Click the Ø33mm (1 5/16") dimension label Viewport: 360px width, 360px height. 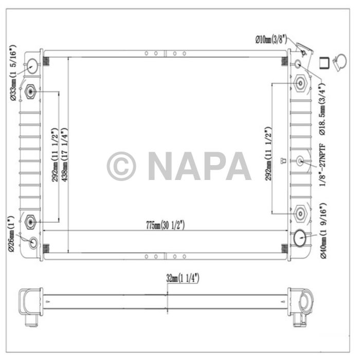coord(13,73)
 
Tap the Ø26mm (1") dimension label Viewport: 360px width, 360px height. coord(11,233)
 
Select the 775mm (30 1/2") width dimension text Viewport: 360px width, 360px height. coord(165,225)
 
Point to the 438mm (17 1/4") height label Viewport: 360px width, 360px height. coord(65,154)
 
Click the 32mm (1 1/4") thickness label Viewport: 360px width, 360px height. coord(183,278)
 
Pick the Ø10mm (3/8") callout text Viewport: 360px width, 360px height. coord(271,40)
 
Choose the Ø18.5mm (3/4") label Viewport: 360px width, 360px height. coord(322,109)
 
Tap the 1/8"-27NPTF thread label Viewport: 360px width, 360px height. coord(322,165)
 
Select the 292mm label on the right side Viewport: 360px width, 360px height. coord(268,153)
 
